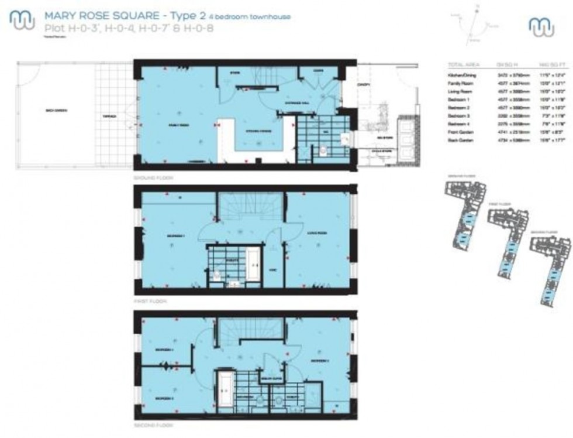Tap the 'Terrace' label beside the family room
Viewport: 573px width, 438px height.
click(109, 116)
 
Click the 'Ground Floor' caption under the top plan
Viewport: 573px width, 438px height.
click(149, 177)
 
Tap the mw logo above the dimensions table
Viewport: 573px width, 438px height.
click(541, 26)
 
